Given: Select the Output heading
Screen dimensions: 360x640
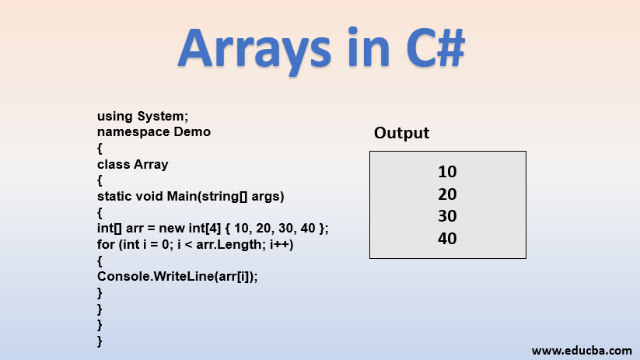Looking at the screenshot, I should click(401, 133).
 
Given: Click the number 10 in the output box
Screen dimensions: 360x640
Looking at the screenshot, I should click(447, 172).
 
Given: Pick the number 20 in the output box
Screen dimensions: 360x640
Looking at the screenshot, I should click(447, 194).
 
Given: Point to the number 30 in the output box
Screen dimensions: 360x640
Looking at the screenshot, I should click(447, 216).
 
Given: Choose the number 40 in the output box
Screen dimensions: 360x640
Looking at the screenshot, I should click(447, 239).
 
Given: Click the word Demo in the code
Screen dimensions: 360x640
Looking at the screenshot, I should click(192, 131).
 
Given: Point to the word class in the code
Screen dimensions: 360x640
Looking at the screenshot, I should click(114, 164).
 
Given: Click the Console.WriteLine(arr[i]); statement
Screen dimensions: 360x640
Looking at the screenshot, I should click(177, 276).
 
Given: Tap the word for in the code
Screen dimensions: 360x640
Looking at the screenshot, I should click(106, 244).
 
